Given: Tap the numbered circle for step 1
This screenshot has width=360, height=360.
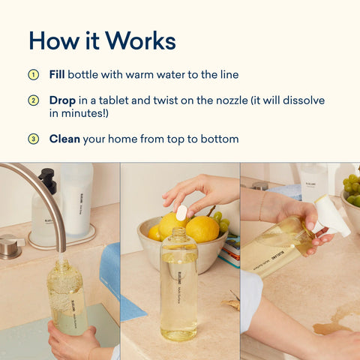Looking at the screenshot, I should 33,75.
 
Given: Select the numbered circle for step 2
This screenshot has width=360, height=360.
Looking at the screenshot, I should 33,100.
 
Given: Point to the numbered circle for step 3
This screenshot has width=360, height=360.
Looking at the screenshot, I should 33,139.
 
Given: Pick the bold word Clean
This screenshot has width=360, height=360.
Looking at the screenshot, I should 65,139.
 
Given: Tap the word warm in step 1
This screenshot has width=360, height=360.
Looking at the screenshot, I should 132,75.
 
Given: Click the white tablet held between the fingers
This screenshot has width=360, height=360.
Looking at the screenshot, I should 181,212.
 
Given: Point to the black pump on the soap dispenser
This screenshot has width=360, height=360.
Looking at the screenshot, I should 47,181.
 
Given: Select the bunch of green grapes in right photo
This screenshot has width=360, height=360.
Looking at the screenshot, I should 351,190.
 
